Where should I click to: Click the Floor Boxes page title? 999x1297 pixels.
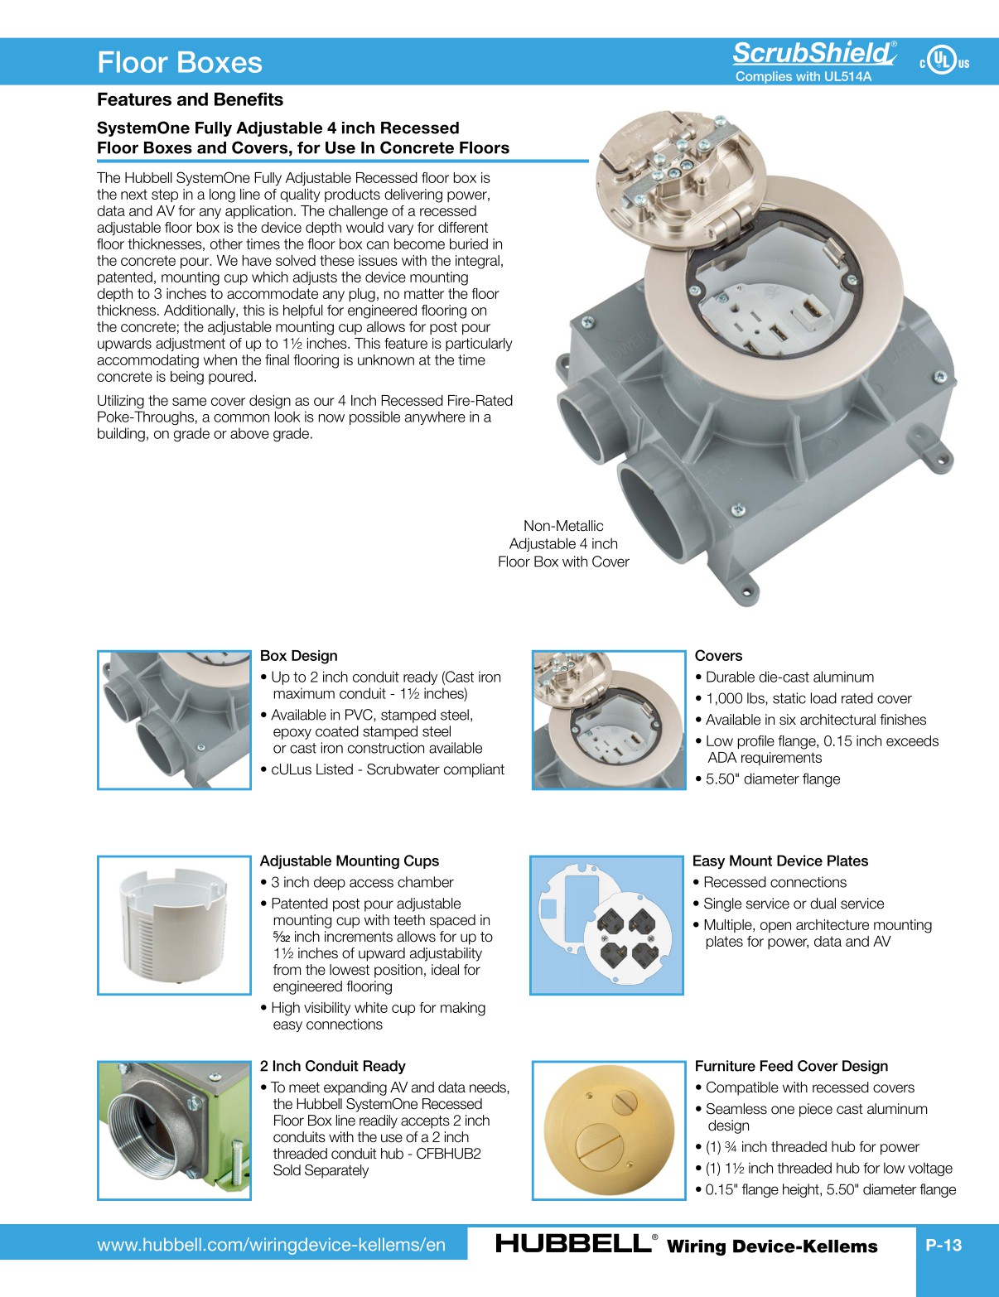[180, 63]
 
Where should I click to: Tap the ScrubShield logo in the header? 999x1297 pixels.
[813, 53]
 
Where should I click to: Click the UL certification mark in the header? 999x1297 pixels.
[943, 60]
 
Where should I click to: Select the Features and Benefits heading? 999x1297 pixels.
[190, 99]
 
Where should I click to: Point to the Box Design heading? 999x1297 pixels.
[298, 656]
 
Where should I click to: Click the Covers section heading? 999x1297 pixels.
[718, 656]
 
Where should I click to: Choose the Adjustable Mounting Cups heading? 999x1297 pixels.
[349, 861]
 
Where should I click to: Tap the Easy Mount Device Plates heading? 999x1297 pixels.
[779, 861]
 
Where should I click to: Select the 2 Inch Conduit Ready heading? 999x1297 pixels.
[332, 1067]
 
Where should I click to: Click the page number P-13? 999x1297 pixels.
[943, 1245]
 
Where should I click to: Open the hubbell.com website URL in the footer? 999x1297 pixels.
[271, 1245]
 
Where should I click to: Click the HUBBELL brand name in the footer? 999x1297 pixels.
[572, 1244]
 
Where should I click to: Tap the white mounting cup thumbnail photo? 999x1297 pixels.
[174, 925]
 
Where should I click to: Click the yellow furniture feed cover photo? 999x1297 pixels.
[608, 1131]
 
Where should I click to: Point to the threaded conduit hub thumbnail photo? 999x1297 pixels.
[174, 1131]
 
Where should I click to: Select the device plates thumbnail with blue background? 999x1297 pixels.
[606, 925]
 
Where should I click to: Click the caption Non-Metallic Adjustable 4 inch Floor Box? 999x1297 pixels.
[563, 544]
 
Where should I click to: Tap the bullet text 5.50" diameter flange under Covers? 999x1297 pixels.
[772, 779]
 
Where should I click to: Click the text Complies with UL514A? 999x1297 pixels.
[803, 77]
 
